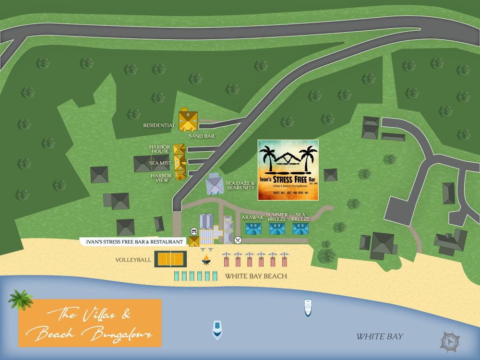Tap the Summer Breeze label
pos(277,217)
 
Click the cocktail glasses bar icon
pos(194,231)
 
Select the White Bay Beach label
pos(256,276)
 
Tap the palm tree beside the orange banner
pos(21,300)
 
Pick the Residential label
pos(159,126)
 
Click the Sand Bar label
pos(201,136)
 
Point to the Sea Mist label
pos(160,163)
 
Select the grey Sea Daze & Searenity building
pos(215,185)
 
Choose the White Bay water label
pos(379,336)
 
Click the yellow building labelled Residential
pos(188,120)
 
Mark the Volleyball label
pos(133,260)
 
